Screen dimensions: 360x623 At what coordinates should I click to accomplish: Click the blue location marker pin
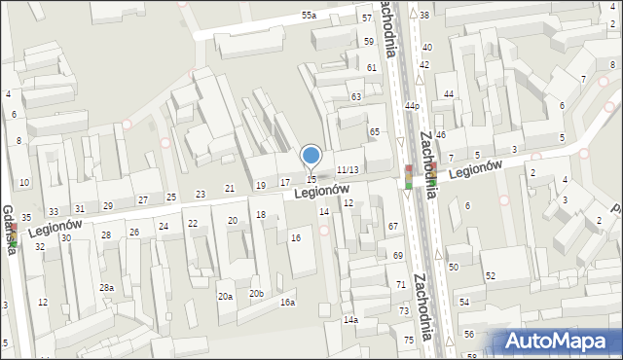pos(311,156)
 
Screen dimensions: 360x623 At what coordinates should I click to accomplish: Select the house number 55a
pos(309,16)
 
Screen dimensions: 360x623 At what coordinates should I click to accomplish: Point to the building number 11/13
pos(348,170)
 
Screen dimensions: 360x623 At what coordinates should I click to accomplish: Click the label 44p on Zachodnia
pos(413,105)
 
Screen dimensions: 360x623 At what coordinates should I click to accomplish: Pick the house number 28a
pos(106,288)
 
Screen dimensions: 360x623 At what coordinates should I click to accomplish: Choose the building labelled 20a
pos(225,296)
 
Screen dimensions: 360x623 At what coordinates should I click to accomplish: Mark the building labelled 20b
pos(256,293)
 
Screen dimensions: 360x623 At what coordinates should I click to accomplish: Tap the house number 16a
pos(287,303)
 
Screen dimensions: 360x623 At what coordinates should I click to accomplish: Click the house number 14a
pos(350,320)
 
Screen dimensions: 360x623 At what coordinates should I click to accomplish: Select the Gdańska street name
pos(7,231)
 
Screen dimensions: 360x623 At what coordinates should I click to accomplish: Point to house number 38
pos(424,16)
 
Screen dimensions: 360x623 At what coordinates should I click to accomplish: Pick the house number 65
pos(374,131)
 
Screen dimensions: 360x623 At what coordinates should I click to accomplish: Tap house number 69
pos(398,255)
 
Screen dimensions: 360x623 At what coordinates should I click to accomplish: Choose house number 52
pos(491,276)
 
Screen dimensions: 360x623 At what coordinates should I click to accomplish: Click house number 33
pos(54,211)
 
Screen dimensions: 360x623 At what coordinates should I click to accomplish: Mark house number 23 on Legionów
pos(201,195)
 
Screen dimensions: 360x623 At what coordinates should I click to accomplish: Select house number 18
pos(260,214)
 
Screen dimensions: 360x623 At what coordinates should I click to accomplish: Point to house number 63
pos(356,97)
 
